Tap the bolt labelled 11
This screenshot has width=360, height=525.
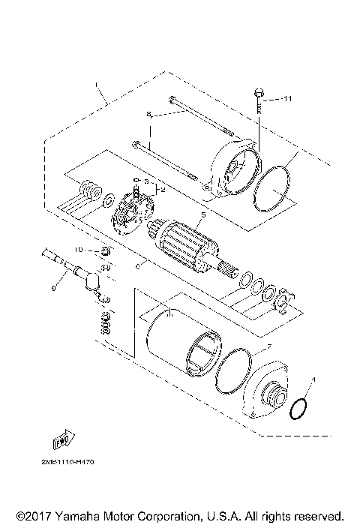pyautogui.click(x=259, y=97)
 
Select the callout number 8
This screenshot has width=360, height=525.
pyautogui.click(x=148, y=115)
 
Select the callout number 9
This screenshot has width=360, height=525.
pyautogui.click(x=53, y=286)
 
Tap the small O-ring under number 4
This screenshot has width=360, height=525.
pyautogui.click(x=297, y=408)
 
